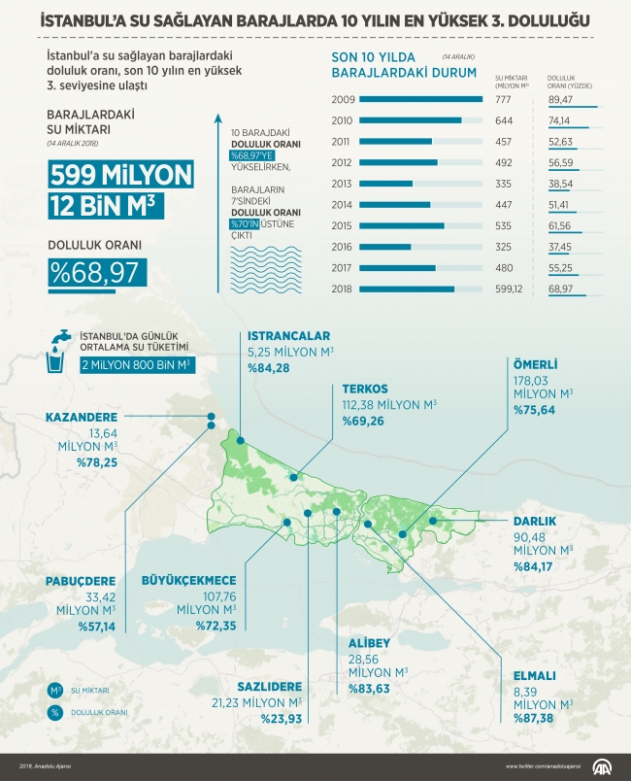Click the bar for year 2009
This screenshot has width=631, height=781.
[x=419, y=99]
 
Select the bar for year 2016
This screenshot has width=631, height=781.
[x=384, y=247]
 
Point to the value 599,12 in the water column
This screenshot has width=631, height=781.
[x=509, y=289]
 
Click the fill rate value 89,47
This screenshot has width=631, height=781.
[x=560, y=99]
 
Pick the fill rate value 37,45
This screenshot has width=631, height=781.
[x=560, y=247]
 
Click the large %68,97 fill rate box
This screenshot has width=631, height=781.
[x=97, y=271]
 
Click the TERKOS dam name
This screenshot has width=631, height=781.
[x=365, y=387]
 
